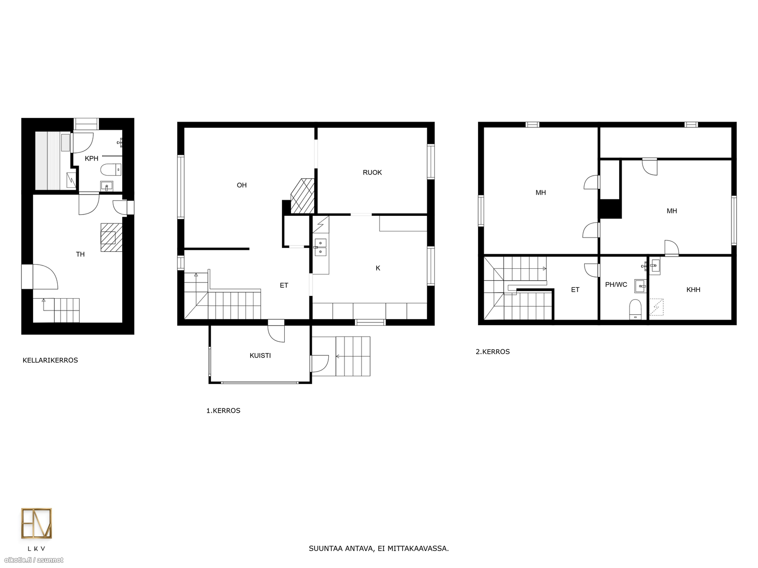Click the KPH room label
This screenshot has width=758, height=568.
(x=91, y=159)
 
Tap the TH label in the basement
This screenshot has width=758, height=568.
(x=80, y=255)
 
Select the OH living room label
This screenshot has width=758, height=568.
(x=242, y=186)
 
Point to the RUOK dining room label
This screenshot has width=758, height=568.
(x=372, y=173)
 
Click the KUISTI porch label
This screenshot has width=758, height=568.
(x=260, y=355)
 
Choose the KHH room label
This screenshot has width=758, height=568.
(x=694, y=290)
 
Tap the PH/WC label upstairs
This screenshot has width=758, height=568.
(x=616, y=285)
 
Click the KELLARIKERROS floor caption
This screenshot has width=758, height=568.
(x=50, y=360)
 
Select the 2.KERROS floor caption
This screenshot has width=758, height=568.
(x=493, y=352)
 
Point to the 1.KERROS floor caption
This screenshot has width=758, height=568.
(x=224, y=411)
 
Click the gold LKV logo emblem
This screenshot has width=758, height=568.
(x=36, y=523)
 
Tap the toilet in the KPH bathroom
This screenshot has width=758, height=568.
(x=111, y=169)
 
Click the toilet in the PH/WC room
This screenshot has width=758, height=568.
(x=635, y=309)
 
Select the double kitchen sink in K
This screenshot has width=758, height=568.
(x=320, y=247)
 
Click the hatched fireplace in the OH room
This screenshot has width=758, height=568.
(x=303, y=196)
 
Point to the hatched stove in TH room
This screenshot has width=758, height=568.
(x=111, y=238)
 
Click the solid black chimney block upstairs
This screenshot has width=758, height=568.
(x=610, y=209)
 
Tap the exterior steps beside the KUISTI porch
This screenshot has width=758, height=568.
(x=353, y=356)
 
